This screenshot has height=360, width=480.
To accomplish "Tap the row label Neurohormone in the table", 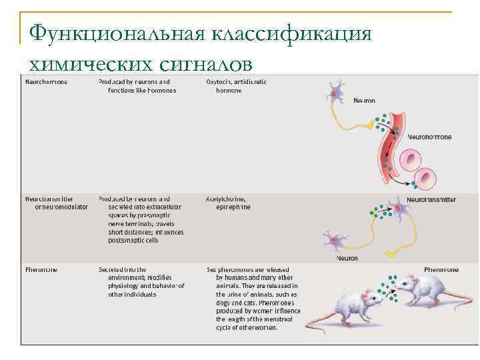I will [46, 82].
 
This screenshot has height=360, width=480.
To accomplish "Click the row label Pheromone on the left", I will [41, 269].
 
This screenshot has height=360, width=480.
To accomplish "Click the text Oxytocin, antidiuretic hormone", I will [236, 86].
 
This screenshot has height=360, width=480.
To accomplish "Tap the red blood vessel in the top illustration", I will [387, 143].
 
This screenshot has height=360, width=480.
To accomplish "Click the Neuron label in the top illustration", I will [364, 101].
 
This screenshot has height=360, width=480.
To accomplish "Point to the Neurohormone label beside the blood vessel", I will [429, 136].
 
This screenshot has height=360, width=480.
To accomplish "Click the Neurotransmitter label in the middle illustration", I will [431, 199].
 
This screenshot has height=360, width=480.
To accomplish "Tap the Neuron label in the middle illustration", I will [347, 258].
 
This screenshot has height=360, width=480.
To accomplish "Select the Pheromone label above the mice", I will [443, 270].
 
